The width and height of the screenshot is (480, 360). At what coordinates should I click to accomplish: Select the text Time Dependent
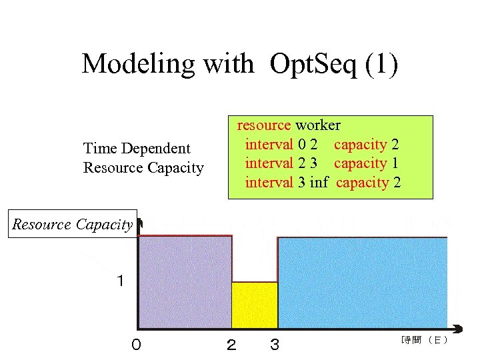coord(137,149)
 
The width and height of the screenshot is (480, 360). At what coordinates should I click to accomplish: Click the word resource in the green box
coord(264,125)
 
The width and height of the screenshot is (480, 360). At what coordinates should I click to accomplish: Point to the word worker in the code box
coord(318,125)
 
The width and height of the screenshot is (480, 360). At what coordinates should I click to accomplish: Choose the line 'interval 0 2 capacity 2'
coord(322,145)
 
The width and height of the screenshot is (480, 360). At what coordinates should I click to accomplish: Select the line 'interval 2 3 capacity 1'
coord(322,163)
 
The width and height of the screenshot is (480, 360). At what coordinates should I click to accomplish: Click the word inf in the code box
coord(319,183)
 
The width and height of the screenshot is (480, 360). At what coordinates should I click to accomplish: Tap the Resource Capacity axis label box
coord(73,225)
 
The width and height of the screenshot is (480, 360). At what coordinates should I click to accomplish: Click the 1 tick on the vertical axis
coord(120,281)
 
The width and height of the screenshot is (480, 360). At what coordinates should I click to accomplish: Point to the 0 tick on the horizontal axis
coord(136,345)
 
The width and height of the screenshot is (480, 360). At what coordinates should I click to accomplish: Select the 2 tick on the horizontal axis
coord(231,345)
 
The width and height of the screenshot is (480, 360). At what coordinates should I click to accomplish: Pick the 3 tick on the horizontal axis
coord(275,345)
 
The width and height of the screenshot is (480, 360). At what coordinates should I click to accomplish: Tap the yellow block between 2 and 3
coord(254,305)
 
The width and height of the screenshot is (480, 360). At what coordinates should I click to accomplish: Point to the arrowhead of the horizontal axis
coord(458,328)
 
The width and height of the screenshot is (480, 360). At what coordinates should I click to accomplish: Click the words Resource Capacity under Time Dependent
coord(143,168)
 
